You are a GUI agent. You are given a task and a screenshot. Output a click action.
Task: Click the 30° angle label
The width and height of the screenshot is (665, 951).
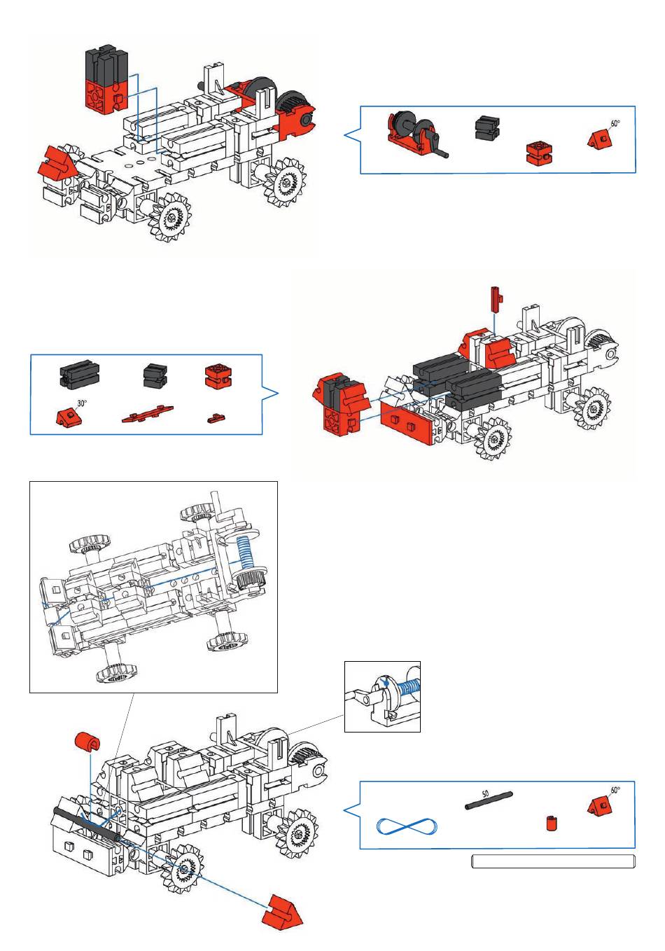pyautogui.click(x=81, y=403)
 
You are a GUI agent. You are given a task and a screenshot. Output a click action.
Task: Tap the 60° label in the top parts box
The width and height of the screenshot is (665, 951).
pyautogui.click(x=615, y=123)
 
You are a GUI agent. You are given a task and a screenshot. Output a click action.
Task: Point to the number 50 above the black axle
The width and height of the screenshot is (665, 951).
pyautogui.click(x=485, y=793)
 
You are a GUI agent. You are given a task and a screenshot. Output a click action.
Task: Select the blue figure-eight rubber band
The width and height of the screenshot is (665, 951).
pyautogui.click(x=407, y=826)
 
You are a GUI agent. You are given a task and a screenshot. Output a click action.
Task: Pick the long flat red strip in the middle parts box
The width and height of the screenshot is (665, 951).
pyautogui.click(x=147, y=413)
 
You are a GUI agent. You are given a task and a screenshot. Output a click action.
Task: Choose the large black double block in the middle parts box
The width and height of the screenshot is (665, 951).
pyautogui.click(x=79, y=373)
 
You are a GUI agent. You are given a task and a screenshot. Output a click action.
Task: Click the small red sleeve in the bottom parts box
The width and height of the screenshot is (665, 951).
pyautogui.click(x=551, y=823)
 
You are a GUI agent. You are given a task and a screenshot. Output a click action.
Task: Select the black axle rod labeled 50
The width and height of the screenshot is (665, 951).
pyautogui.click(x=489, y=800)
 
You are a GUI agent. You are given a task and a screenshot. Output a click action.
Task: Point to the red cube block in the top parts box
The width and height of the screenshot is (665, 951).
pyautogui.click(x=539, y=153)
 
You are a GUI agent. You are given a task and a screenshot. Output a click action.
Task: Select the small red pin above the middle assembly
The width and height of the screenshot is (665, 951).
pyautogui.click(x=496, y=299)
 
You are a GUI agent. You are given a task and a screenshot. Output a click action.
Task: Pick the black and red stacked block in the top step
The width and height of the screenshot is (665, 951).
pyautogui.click(x=107, y=79)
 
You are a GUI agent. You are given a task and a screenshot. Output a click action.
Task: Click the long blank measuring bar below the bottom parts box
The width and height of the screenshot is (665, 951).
pyautogui.click(x=554, y=861)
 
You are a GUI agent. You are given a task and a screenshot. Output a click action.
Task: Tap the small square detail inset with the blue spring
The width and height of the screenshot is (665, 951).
pyautogui.click(x=382, y=696)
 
